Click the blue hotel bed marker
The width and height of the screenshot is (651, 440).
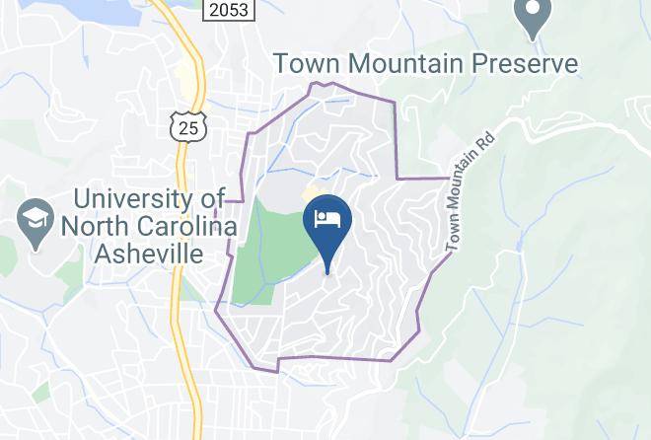click(x=326, y=222)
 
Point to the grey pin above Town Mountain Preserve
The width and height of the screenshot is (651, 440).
click(x=533, y=17)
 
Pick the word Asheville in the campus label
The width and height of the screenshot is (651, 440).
click(x=149, y=253)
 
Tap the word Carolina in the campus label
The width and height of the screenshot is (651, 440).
click(x=181, y=226)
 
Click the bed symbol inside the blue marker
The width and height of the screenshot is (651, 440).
click(x=326, y=217)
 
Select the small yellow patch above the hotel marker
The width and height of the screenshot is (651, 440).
click(x=316, y=191)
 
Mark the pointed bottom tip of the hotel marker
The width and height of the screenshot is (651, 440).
click(x=326, y=270)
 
